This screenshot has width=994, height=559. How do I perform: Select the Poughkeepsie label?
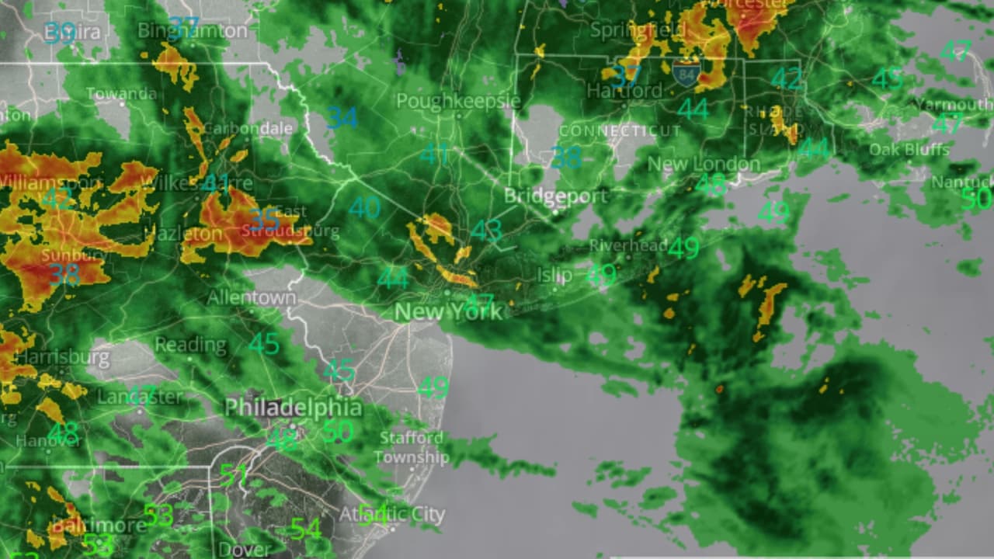pos(458,101)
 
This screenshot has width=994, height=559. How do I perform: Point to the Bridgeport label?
pos(555,195)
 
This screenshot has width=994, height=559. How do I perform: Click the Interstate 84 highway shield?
pos(686,75)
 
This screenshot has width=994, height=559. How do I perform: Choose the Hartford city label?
pos(624,91)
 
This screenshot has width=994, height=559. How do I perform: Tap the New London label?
pos(704,164)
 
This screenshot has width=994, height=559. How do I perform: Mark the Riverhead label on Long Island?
pos(628,245)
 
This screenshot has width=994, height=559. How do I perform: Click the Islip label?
pos(554,275)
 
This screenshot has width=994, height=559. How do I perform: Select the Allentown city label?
pos(252,297)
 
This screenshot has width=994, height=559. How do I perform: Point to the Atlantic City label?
pos(392,514)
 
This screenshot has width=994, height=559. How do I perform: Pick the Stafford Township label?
pos(412,447)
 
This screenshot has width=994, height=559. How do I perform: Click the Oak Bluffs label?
pos(909,149)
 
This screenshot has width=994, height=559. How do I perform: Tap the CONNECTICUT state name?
pos(620,130)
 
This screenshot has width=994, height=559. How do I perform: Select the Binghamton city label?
pos(193,31)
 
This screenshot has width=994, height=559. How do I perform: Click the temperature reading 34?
pos(342,118)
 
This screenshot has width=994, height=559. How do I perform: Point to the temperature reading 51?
pos(233,474)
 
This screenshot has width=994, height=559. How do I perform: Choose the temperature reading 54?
pos(305,529)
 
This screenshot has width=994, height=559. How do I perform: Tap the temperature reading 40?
pos(364,207)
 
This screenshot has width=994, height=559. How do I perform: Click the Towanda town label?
pos(121,93)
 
